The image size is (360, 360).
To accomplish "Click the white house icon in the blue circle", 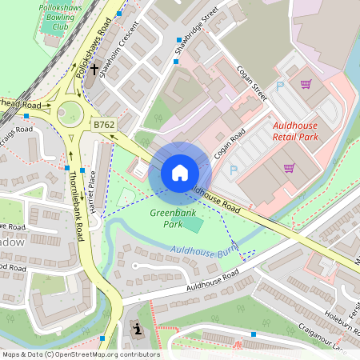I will point(180,172).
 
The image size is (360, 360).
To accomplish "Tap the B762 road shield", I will point(103,125).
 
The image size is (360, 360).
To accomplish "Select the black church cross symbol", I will point(94,70).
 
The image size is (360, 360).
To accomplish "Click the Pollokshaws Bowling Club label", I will point(61,15).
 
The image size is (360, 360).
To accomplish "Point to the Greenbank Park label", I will point(166,218).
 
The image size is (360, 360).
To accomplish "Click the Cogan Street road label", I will point(252,82).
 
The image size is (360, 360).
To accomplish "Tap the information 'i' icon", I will point(138,329).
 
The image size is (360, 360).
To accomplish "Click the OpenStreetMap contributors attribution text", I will point(81,354).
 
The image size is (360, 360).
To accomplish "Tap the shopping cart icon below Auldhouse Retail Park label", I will point(289,168).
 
